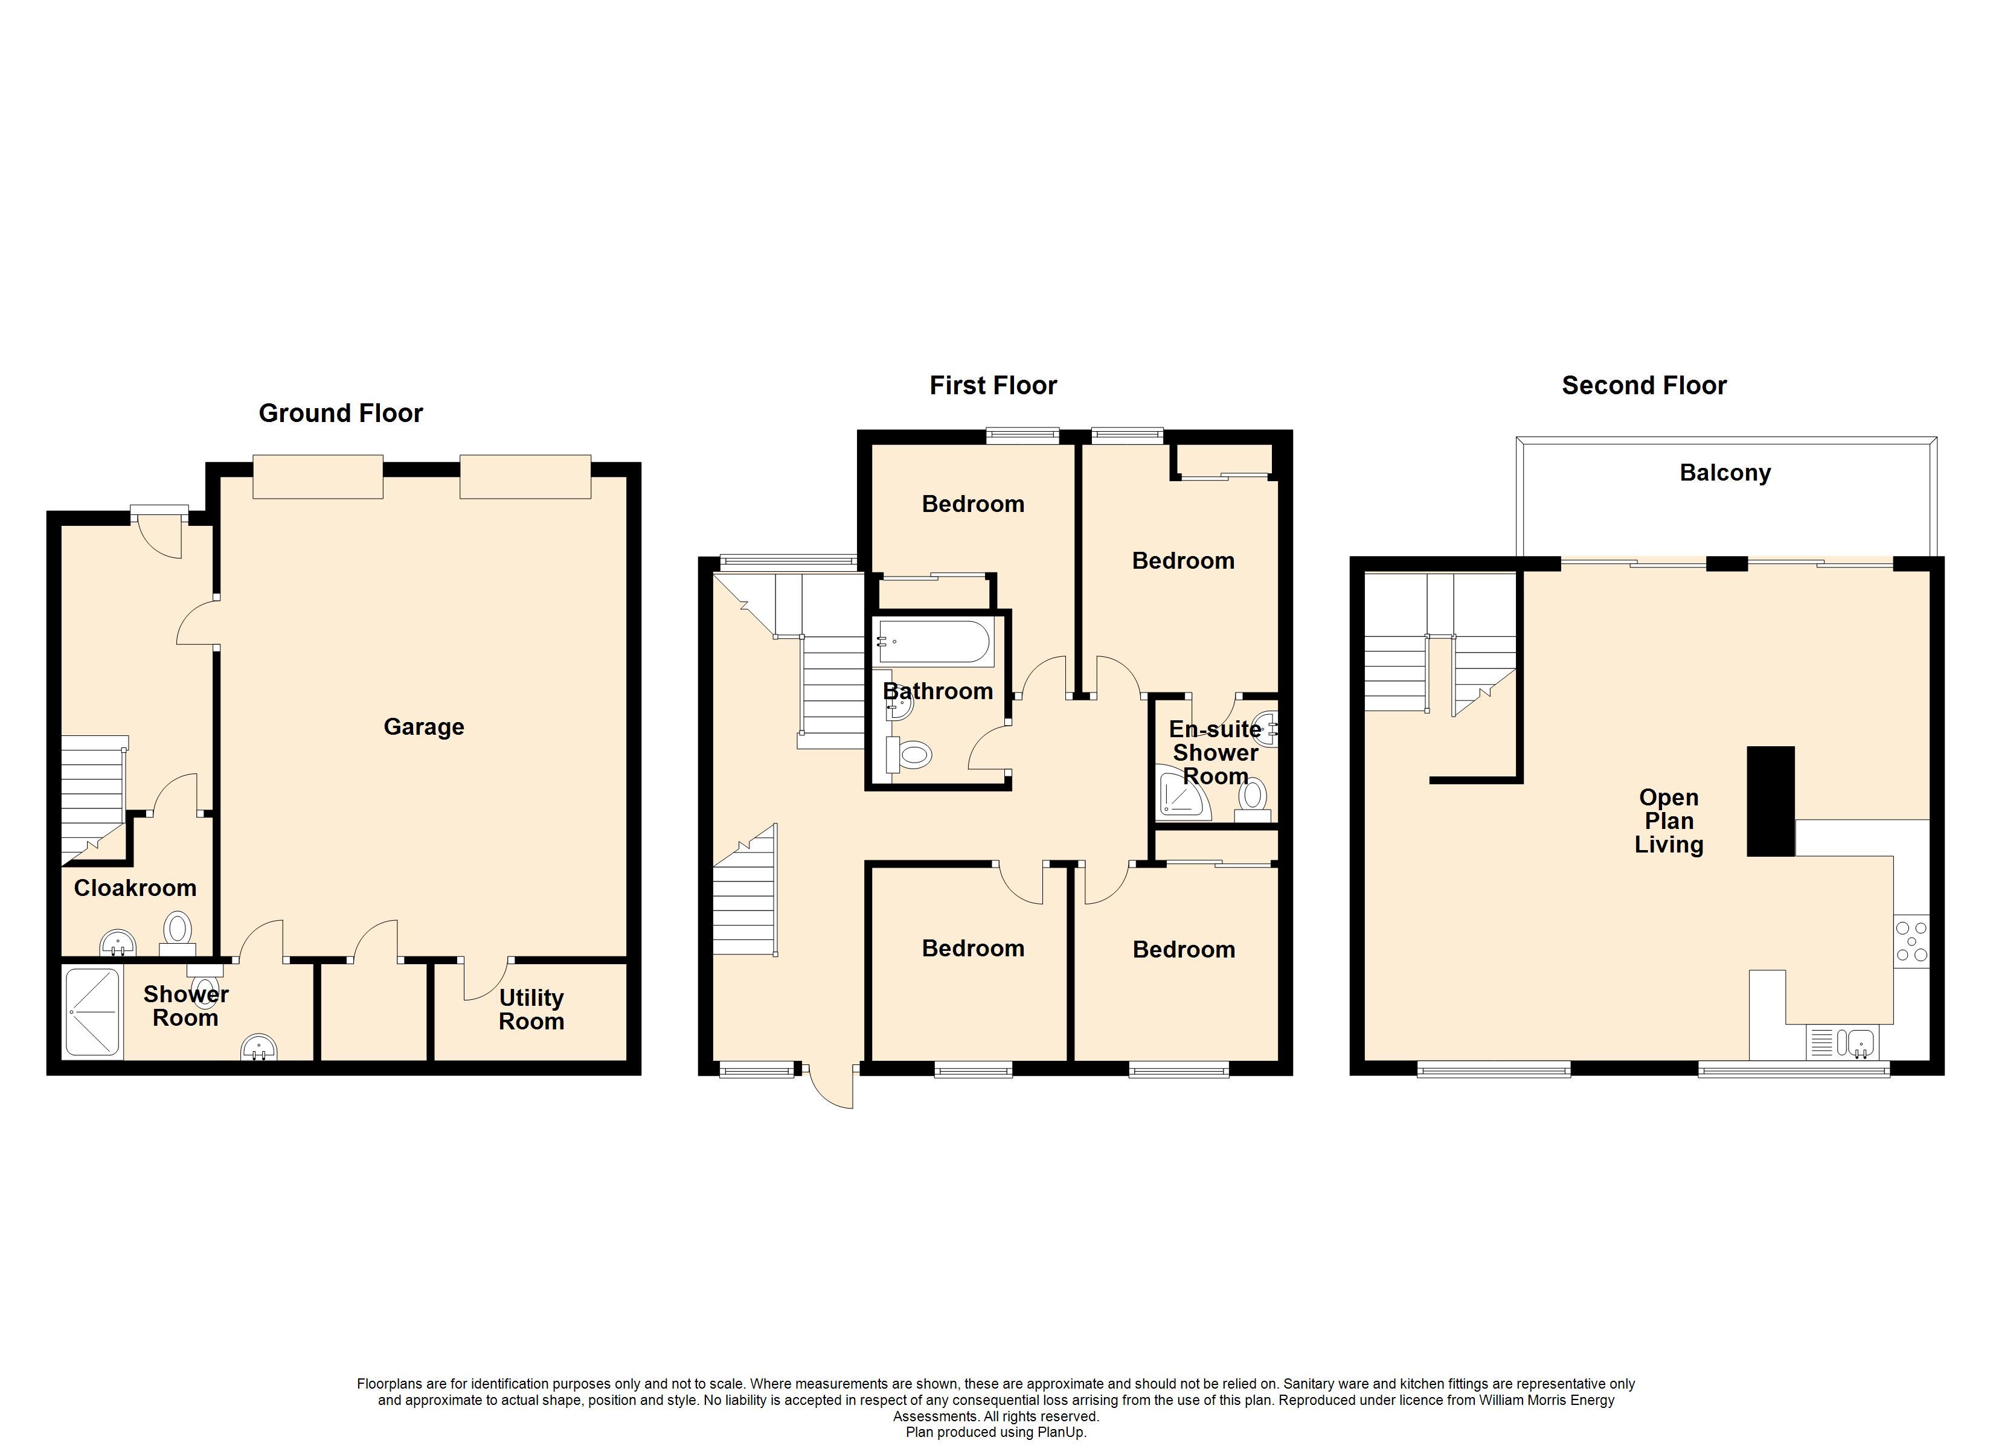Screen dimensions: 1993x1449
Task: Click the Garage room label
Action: coord(423,728)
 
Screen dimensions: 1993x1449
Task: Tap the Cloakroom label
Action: coord(135,888)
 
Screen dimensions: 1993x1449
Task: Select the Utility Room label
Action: coord(531,1009)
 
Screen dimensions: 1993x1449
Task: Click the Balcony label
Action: coord(1725,473)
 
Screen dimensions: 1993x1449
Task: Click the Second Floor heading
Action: coord(1644,386)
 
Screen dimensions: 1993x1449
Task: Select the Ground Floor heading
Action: coord(341,413)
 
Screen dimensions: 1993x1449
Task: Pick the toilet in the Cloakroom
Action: coord(178,932)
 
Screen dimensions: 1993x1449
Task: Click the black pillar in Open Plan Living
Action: coord(1771,801)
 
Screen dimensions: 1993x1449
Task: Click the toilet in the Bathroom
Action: coord(908,754)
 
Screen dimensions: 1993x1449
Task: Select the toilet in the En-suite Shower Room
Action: coord(1252,799)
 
